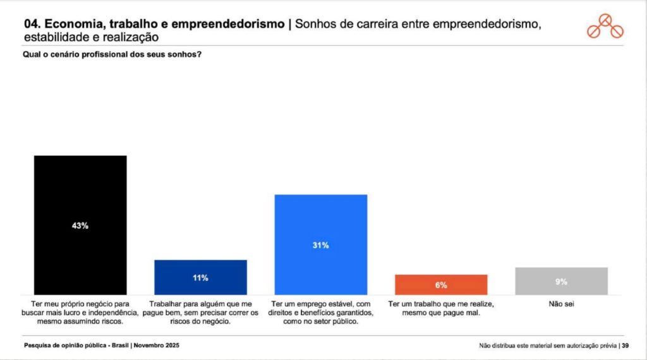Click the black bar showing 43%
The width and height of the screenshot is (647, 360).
(80, 189)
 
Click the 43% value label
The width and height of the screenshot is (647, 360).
(80, 225)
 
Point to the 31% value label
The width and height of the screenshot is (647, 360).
(320, 245)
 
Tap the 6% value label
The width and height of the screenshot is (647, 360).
(441, 285)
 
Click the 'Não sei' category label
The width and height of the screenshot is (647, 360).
(561, 304)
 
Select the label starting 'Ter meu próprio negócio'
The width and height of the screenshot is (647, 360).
(80, 312)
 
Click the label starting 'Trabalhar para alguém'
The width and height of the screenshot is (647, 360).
(200, 312)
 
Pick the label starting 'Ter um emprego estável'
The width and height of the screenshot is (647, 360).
(320, 312)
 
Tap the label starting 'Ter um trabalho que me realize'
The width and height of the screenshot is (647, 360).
(441, 308)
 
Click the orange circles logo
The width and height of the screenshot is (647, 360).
(605, 27)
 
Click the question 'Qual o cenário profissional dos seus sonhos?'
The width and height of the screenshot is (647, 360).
(112, 54)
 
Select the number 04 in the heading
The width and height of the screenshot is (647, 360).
(32, 25)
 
